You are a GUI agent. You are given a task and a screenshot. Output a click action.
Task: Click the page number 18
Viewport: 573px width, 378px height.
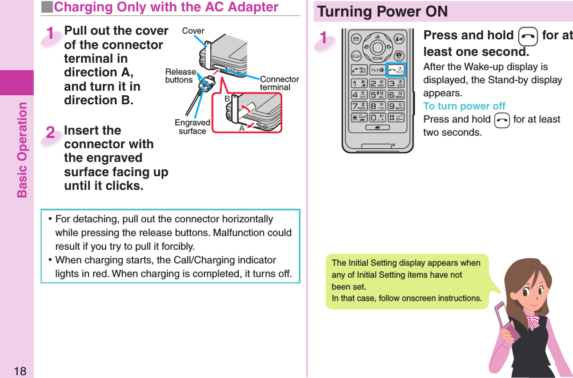tap(19, 371)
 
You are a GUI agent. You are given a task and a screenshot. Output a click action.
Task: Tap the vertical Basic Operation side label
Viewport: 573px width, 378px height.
tap(22, 149)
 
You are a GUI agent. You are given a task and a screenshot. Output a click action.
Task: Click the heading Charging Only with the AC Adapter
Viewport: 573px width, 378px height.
tap(166, 7)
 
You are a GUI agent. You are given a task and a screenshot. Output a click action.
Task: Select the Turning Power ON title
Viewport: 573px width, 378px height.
tap(383, 11)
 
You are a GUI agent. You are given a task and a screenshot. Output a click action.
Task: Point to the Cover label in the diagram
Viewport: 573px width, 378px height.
tap(193, 31)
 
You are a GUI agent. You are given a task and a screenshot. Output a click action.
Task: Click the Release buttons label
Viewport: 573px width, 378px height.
tap(179, 76)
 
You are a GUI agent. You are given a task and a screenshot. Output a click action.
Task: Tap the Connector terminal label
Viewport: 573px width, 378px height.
tap(279, 83)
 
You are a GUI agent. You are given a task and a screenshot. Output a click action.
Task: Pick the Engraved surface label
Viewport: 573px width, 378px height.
tap(192, 127)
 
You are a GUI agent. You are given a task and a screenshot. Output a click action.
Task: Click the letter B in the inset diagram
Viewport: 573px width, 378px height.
tap(227, 99)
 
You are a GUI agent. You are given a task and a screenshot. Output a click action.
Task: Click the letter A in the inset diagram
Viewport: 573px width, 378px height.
tap(242, 128)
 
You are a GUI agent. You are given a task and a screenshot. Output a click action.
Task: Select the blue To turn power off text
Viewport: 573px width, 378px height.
tap(464, 106)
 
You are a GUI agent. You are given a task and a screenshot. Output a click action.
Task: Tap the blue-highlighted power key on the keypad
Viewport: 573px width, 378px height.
tap(396, 70)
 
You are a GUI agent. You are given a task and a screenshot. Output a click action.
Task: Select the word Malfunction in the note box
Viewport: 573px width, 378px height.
tap(247, 233)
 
